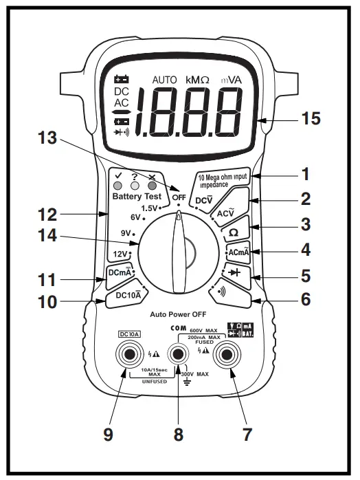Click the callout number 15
pos(311,118)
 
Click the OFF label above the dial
pos(179,197)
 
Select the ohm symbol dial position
pos(234,232)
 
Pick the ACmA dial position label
pos(238,252)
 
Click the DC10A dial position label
pos(128,295)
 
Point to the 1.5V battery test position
pos(150,208)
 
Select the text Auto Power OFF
pos(179,313)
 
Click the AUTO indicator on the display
pos(165,80)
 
